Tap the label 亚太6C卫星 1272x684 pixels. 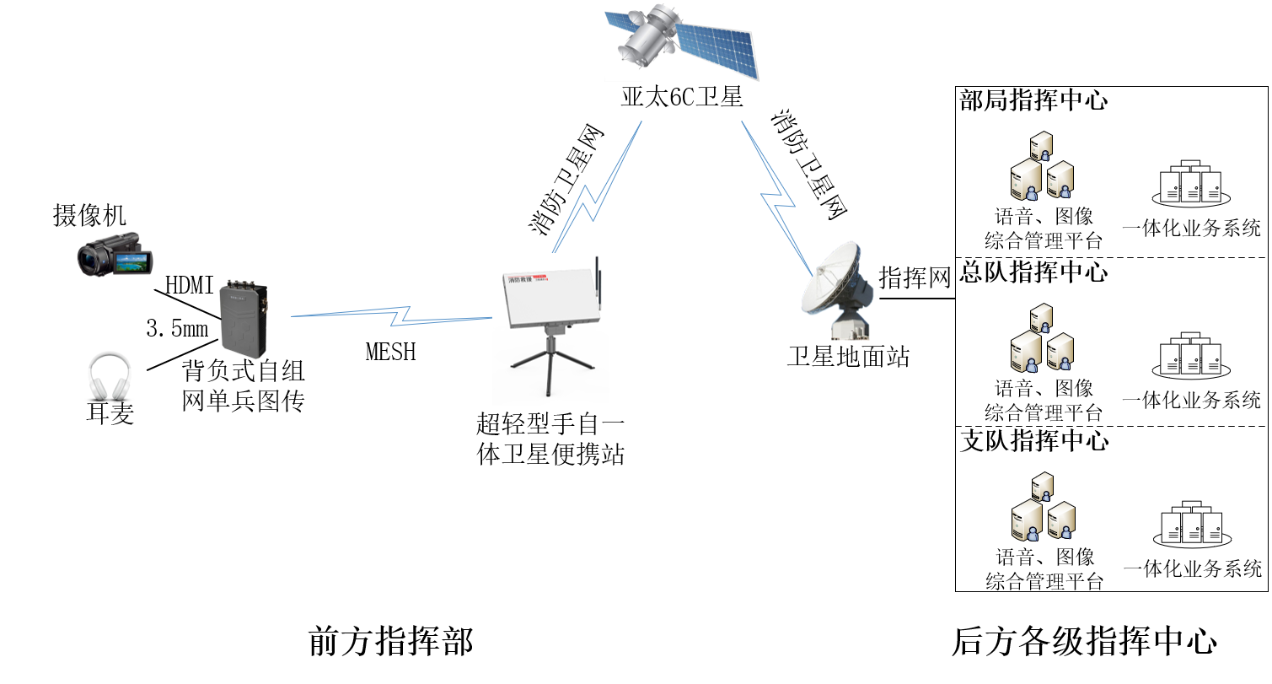pos(682,98)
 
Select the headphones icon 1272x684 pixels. pos(110,378)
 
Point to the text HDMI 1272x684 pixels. pos(190,286)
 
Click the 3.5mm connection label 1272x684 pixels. pos(177,329)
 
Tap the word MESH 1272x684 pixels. pos(391,351)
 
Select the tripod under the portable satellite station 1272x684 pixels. pos(550,364)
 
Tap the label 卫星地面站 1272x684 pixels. pos(848,357)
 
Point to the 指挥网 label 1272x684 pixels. pos(915,277)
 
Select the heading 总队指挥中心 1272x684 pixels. pos(1033,272)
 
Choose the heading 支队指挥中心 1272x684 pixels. pos(1033,440)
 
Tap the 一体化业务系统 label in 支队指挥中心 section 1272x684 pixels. pos(1192,568)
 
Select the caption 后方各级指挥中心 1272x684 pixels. pos(1084,642)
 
